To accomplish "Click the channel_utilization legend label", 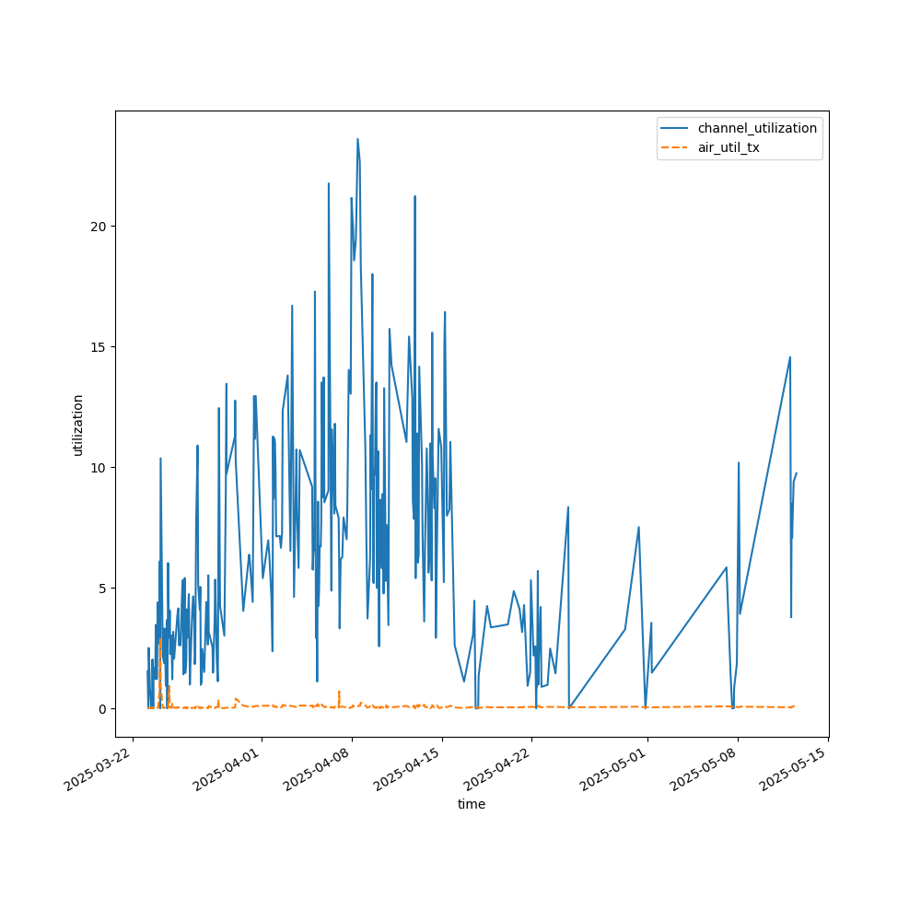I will (757, 128).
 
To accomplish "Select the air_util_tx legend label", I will (729, 147).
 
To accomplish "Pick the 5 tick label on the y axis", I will (103, 589).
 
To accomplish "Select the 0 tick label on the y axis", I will (103, 709).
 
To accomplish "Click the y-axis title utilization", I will (78, 425).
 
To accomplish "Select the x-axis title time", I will (472, 804).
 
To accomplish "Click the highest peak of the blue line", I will (357, 139).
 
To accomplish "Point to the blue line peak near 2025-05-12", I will (789, 357).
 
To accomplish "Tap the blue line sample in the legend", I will (676, 128).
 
